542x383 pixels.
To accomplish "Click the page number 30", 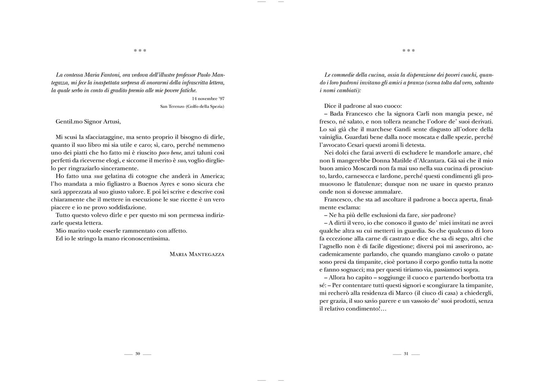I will tap(138, 354).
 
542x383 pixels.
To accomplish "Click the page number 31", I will tap(406, 354).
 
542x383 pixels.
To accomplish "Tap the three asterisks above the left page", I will tap(140, 51).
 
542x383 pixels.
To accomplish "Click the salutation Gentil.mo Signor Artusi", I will tap(88, 122).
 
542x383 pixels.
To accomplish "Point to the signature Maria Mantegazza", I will tap(197, 254).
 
